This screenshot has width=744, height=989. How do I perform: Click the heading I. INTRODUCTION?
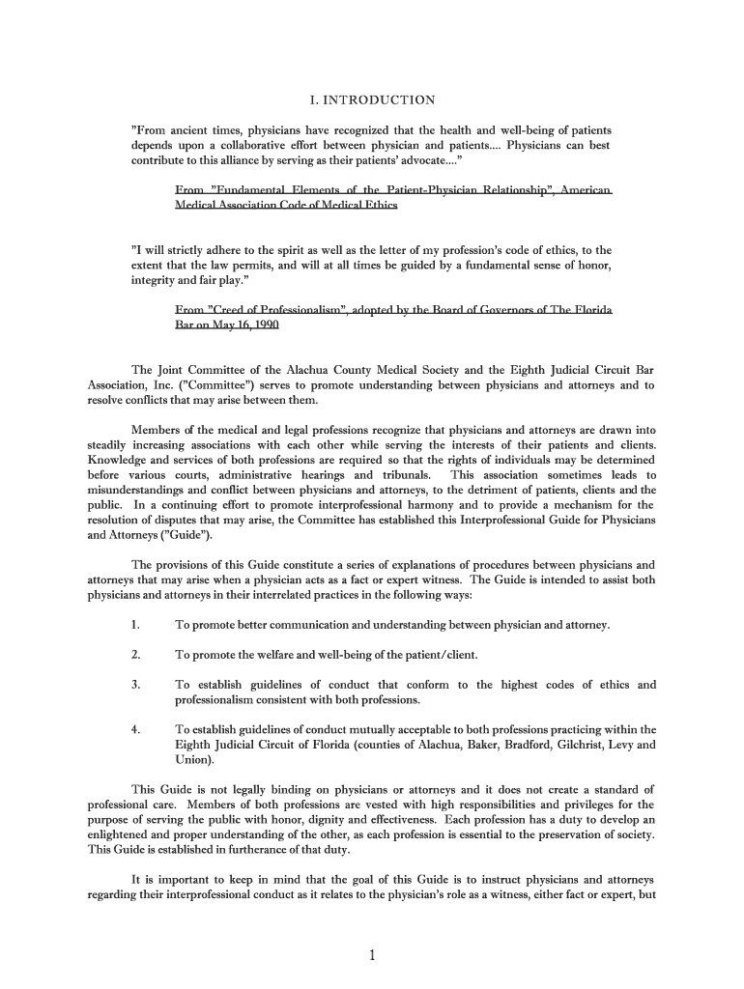[x=371, y=99]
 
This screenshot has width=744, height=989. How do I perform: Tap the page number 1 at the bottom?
[x=371, y=956]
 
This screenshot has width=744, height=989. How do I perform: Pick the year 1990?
[x=264, y=325]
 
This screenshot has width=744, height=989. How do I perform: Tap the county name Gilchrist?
[x=570, y=745]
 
